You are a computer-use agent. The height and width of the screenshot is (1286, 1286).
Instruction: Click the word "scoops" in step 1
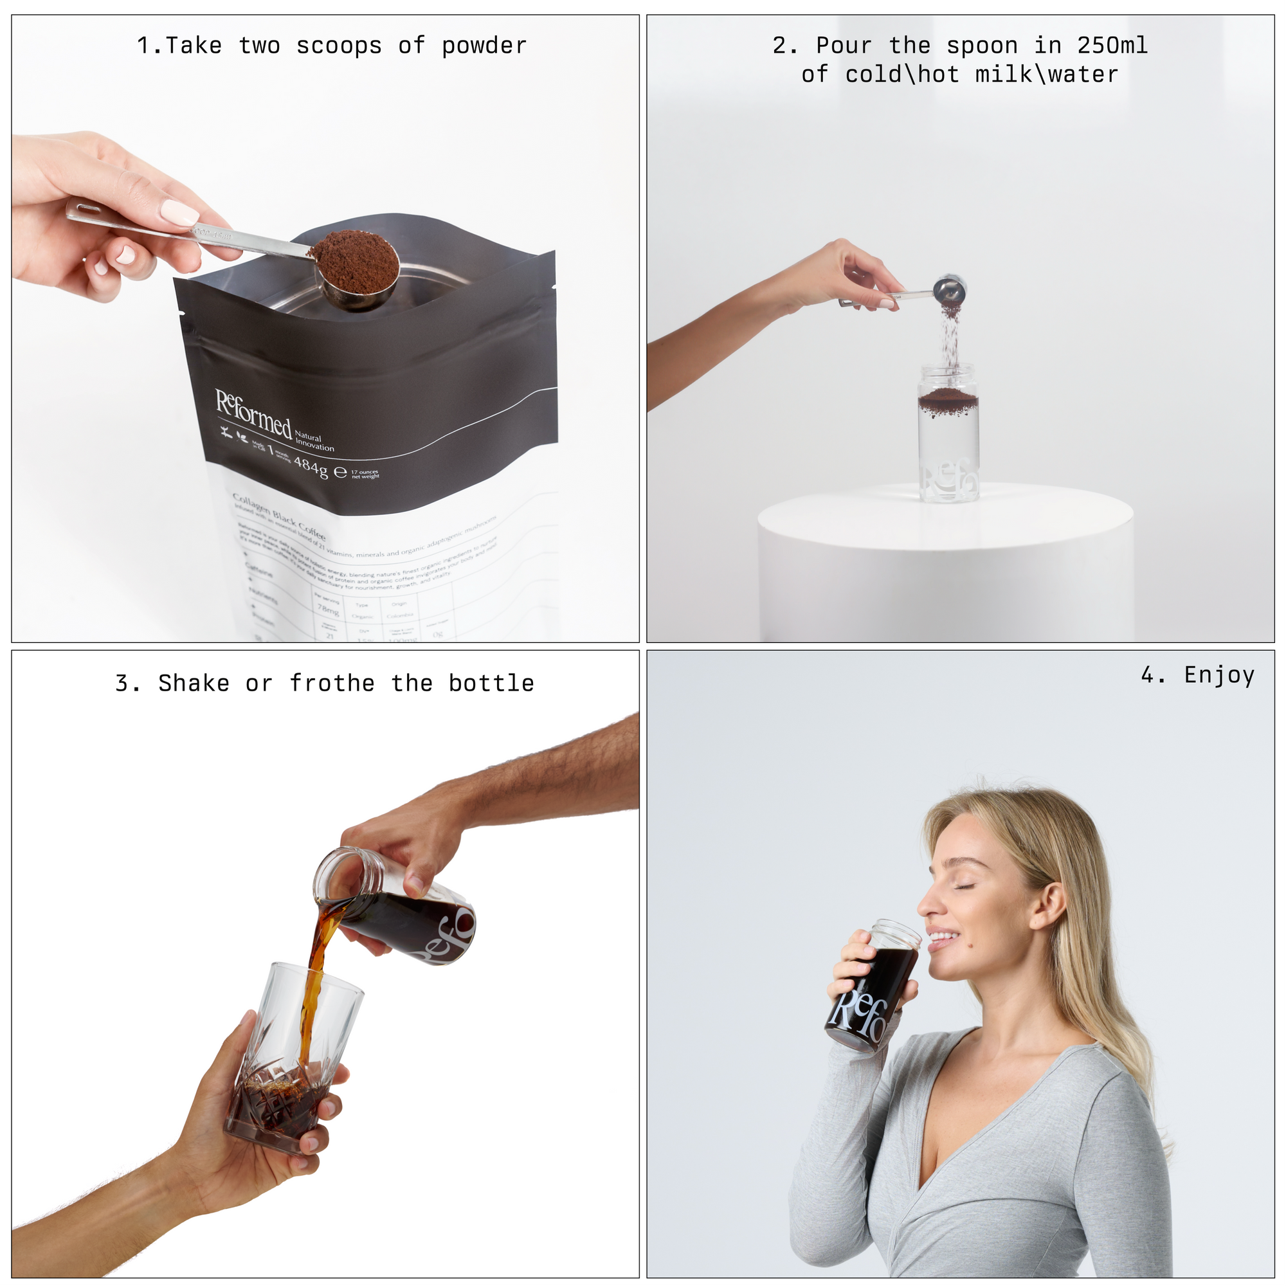(x=339, y=46)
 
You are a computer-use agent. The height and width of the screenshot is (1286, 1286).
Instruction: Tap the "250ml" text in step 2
(x=1112, y=46)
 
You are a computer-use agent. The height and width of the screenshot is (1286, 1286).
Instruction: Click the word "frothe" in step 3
(x=332, y=684)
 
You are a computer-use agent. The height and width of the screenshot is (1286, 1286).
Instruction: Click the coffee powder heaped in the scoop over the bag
(x=355, y=259)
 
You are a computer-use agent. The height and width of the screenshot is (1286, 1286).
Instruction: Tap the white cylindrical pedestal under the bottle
(x=945, y=566)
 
